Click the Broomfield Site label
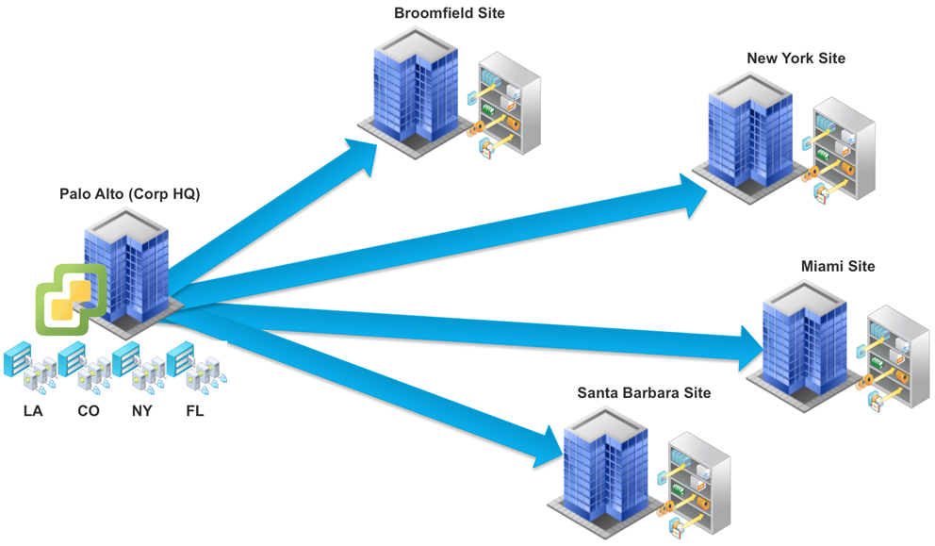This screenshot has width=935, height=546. tap(450, 13)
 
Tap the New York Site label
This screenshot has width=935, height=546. tap(796, 58)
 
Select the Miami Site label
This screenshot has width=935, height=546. tap(837, 266)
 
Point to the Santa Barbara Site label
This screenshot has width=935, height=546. tap(644, 392)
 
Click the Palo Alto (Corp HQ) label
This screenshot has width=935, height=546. tap(130, 194)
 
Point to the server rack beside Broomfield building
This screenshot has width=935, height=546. tap(506, 106)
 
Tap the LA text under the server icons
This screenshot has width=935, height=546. tap(33, 411)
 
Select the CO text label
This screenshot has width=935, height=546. tap(88, 411)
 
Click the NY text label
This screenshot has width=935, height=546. tap(141, 411)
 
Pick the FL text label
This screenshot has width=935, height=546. tap(194, 411)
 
